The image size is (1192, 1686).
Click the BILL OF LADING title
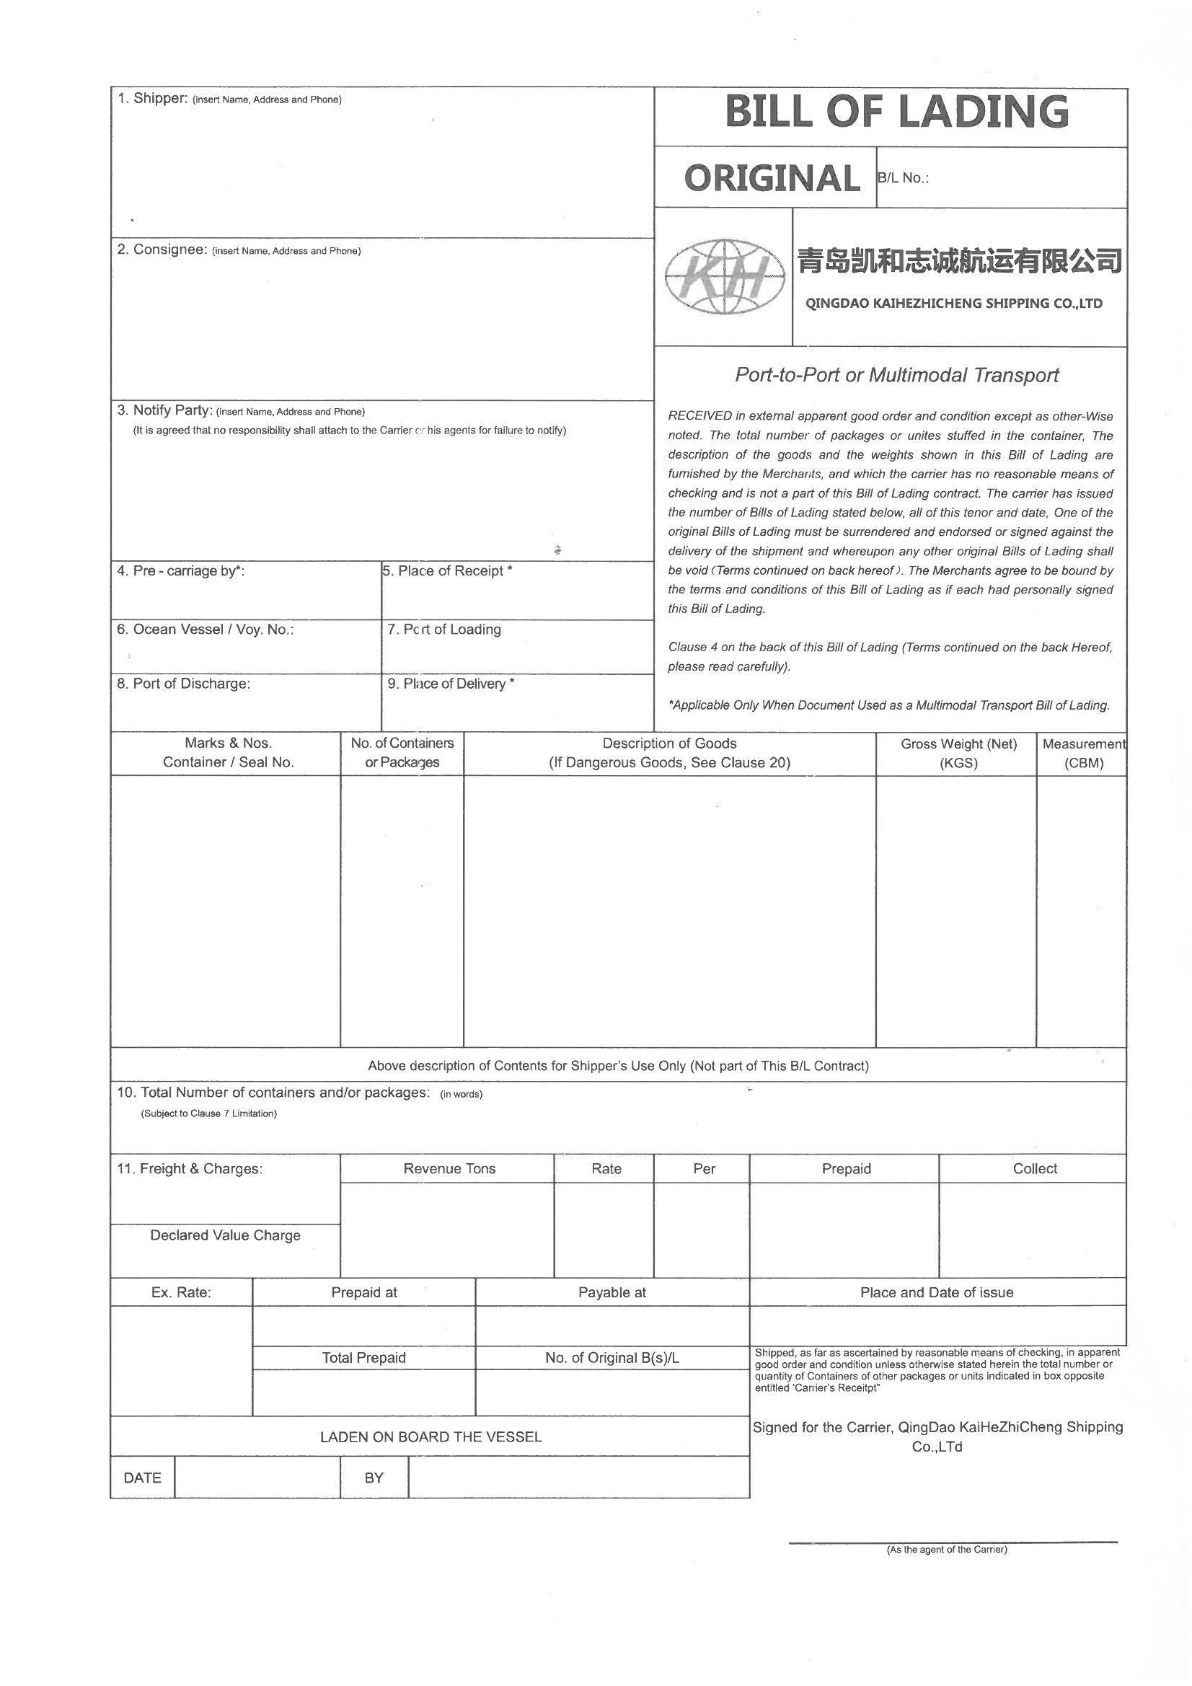(896, 112)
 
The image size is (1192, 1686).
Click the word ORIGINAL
(771, 178)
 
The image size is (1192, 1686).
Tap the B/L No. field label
(904, 178)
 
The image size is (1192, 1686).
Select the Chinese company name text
(959, 260)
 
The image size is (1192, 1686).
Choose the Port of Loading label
(444, 630)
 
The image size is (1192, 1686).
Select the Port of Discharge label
(184, 684)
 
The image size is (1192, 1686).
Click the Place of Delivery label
(450, 684)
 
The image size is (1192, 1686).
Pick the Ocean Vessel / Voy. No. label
(206, 630)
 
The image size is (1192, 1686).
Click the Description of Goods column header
(669, 753)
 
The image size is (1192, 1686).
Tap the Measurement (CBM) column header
(1083, 753)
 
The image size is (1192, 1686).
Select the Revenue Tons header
(449, 1169)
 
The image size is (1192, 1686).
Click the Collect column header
(1034, 1169)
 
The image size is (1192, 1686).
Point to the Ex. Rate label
(181, 1292)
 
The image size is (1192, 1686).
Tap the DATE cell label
(143, 1478)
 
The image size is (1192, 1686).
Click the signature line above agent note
(952, 1542)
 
